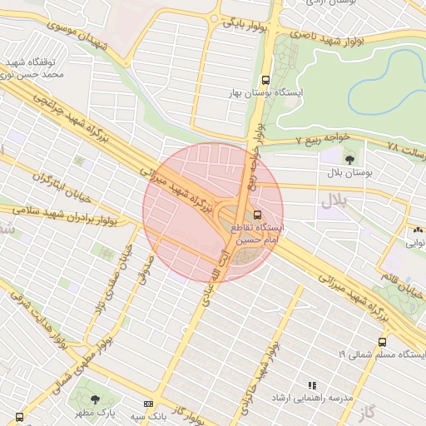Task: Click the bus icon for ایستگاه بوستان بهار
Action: click(x=265, y=81)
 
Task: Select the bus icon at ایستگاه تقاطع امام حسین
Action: click(x=255, y=214)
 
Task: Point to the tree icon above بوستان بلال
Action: click(x=348, y=156)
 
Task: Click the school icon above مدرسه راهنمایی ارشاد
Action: click(x=312, y=386)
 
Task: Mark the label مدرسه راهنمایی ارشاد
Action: click(x=311, y=399)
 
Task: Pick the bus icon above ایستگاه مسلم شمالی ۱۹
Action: click(x=382, y=342)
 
